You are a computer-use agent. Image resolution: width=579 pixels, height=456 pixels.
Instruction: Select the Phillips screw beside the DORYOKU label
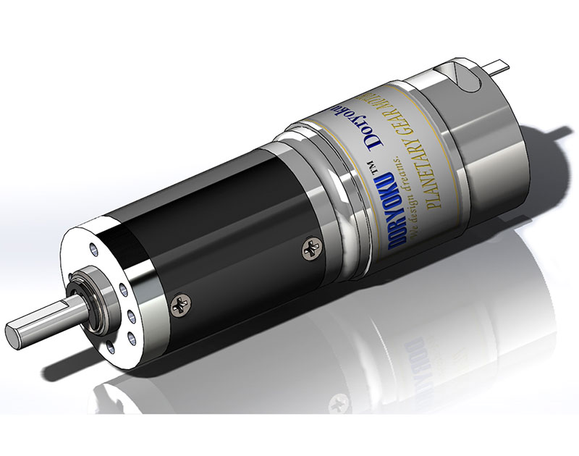tap(308, 250)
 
